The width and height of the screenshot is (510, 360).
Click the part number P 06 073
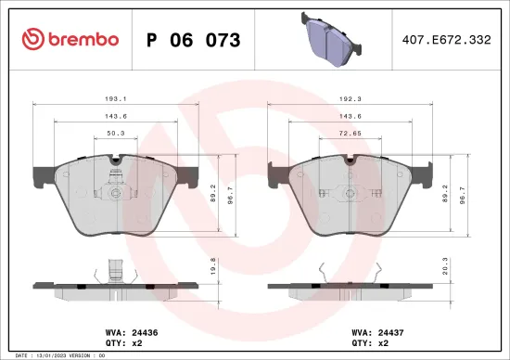pos(194,40)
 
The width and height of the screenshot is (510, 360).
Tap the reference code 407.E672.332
pos(446,40)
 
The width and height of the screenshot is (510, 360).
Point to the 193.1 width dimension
pos(116,97)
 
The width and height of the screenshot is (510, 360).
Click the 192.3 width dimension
pos(350,97)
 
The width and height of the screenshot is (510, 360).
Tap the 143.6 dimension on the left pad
pos(116,117)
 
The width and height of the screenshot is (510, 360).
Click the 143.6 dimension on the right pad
pos(350,117)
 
